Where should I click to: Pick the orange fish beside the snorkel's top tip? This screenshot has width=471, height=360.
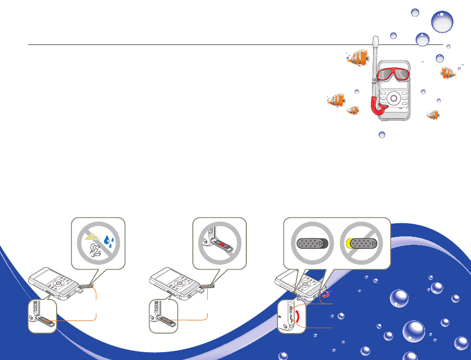tap(357, 58)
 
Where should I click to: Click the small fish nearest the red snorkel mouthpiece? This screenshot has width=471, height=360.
tap(353, 111)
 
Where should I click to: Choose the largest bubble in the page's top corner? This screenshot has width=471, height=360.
tap(442, 22)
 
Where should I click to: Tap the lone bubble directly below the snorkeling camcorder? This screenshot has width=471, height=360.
tap(382, 135)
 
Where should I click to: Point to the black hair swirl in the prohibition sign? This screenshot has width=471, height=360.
tap(94, 252)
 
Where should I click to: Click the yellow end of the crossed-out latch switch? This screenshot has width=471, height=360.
tap(347, 243)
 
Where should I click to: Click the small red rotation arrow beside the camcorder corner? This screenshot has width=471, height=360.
tap(325, 295)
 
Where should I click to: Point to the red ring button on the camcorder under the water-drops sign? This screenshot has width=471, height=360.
tap(59, 283)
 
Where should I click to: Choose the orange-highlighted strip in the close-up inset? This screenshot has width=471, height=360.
tap(167, 321)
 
